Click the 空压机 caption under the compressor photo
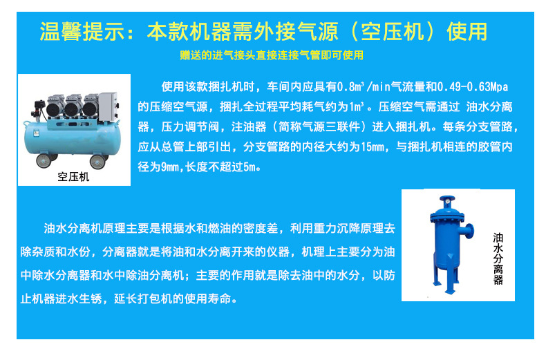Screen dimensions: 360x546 tap(74, 177)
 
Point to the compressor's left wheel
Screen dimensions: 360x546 tap(43, 160)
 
